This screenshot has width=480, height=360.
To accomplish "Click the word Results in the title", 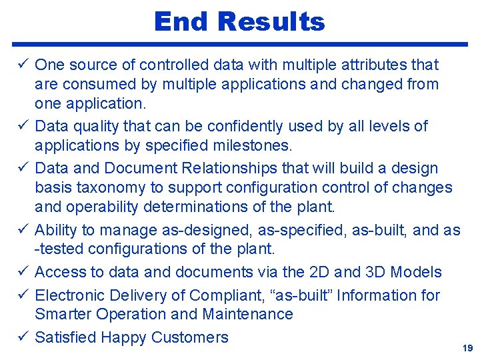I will pyautogui.click(x=271, y=22).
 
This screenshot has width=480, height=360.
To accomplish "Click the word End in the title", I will pyautogui.click(x=181, y=22).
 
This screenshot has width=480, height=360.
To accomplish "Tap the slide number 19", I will pyautogui.click(x=467, y=349).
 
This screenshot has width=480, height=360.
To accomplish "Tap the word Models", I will pyautogui.click(x=416, y=272).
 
